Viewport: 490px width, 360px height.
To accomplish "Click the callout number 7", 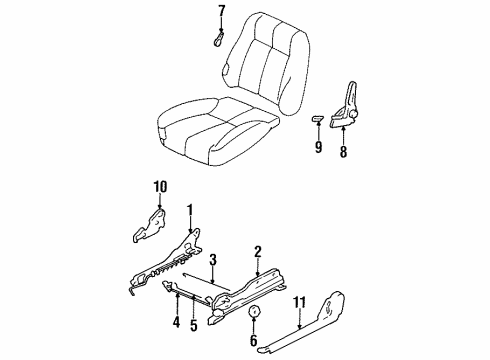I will (222, 13).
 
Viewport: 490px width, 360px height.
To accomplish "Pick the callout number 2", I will (257, 253).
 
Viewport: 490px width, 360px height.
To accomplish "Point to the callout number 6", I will (252, 340).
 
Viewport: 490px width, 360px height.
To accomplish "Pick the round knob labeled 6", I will (253, 312).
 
